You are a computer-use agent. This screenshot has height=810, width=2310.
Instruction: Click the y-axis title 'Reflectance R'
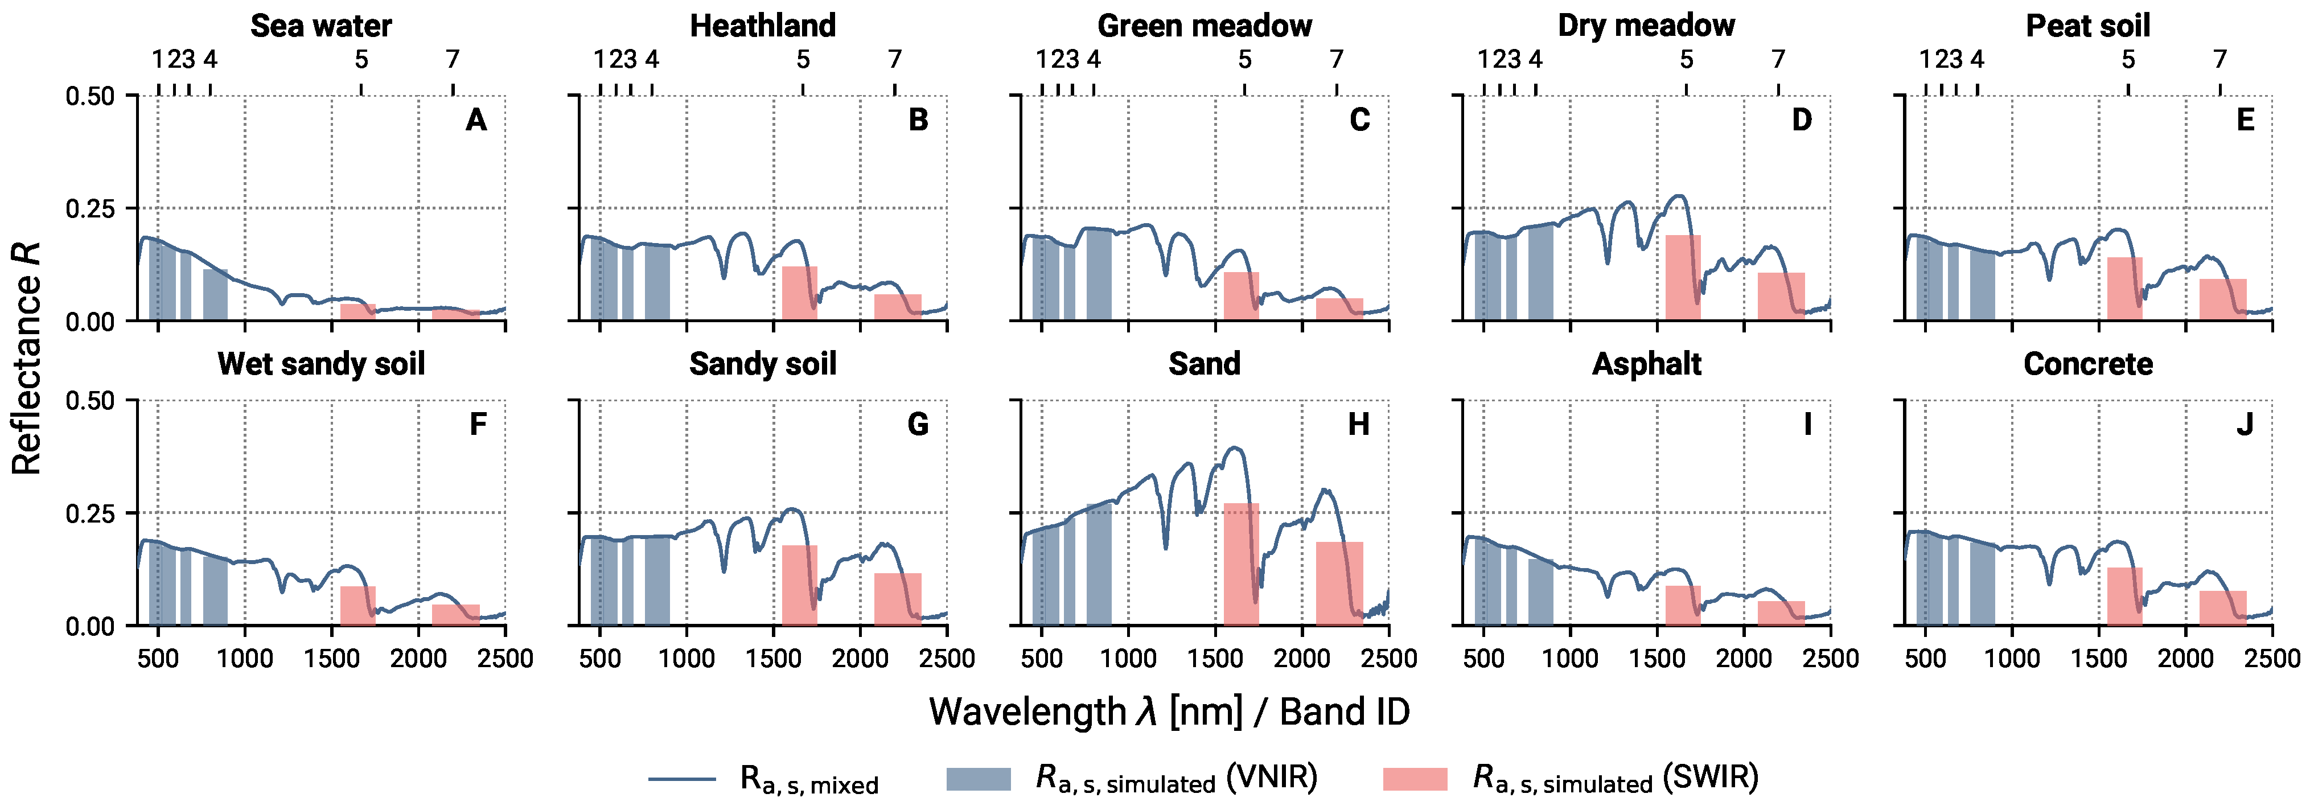coord(27,359)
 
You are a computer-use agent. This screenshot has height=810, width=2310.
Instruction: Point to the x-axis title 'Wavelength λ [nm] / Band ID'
coord(1169,712)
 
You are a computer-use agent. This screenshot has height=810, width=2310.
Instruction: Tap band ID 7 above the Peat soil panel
coord(2219,59)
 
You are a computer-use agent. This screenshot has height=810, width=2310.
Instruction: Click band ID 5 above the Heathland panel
coord(803,59)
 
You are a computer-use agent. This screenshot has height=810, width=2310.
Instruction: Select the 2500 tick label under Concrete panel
coord(2271,659)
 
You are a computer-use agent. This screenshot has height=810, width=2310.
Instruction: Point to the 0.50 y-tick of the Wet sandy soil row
coord(90,400)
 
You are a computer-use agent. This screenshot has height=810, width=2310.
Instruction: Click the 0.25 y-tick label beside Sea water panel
coord(90,208)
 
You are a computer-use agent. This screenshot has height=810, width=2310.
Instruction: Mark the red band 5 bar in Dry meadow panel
coord(1682,278)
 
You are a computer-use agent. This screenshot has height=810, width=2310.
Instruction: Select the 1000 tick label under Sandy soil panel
coord(687,659)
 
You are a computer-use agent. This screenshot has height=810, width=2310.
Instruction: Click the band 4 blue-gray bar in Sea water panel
coord(215,294)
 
